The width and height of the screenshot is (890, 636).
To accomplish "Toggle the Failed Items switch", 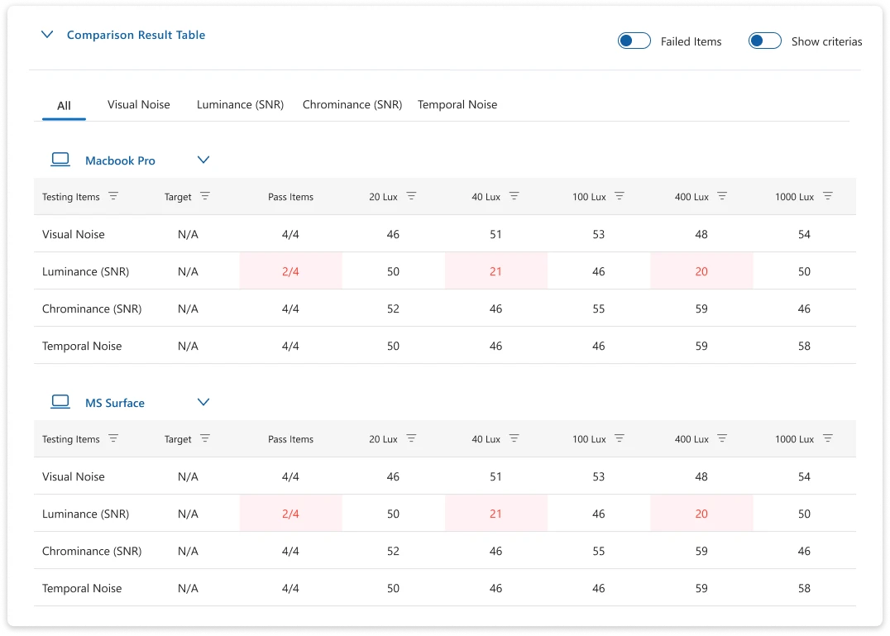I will [x=634, y=41].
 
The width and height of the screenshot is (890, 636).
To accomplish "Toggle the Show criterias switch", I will [x=764, y=41].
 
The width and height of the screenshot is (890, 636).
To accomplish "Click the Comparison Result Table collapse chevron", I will [x=48, y=35].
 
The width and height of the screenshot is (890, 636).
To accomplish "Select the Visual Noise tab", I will [x=138, y=105].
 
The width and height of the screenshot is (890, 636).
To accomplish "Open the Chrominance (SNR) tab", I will [x=352, y=105].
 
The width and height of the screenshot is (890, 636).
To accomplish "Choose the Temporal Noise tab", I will [x=457, y=105].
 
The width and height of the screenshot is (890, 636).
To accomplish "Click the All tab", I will [x=64, y=106].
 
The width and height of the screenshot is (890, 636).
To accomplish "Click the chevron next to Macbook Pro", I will [x=203, y=160].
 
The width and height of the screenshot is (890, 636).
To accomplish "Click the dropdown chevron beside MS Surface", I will [x=203, y=402].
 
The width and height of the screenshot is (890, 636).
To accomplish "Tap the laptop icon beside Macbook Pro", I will [x=60, y=160].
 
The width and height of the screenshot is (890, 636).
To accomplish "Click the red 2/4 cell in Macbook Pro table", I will [x=290, y=271].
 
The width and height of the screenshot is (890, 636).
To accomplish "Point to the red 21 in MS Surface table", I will [x=495, y=514].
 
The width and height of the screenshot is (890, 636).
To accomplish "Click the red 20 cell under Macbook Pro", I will [x=701, y=271].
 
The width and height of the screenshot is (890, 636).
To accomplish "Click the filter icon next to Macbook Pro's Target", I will [x=205, y=197].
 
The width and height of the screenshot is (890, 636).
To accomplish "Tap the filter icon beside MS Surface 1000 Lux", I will [x=828, y=439].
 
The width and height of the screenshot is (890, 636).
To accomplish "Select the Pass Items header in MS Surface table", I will [x=290, y=439].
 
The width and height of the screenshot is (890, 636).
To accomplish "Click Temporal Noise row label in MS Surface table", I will [x=82, y=588].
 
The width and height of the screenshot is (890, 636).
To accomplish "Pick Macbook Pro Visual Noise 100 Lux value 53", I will [x=599, y=234].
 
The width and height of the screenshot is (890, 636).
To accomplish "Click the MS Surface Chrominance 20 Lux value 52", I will [x=393, y=551].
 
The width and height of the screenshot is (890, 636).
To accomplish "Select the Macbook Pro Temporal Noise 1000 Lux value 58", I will [x=804, y=346].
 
